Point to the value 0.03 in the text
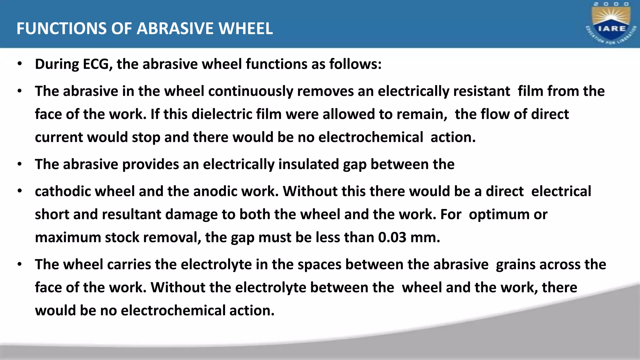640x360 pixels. click(392, 237)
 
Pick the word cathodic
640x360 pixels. click(62, 191)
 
